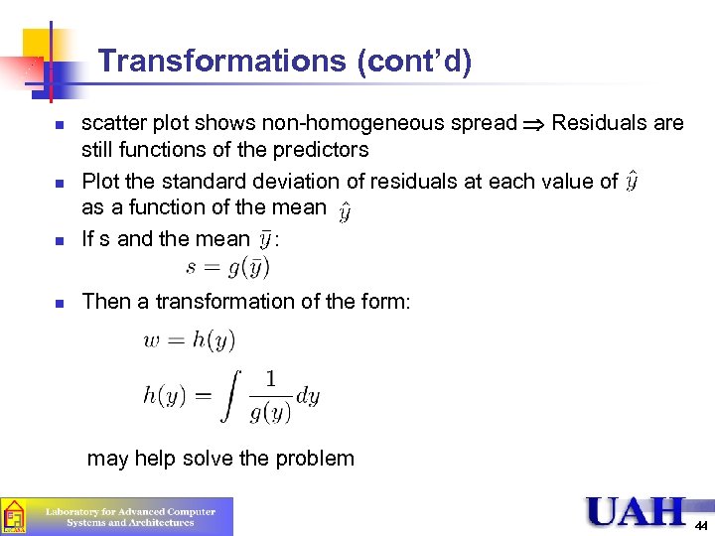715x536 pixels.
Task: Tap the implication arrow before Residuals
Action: (534, 124)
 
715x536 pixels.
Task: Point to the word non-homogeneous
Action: (377, 123)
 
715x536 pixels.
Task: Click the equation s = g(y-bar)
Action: (227, 267)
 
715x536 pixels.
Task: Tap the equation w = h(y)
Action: (190, 339)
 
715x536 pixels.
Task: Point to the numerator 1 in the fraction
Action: (271, 378)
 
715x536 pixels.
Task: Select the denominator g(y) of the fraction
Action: (271, 411)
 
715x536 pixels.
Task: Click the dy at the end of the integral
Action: (309, 395)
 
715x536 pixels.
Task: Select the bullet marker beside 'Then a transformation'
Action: (60, 302)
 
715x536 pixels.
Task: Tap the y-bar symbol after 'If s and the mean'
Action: (264, 239)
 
